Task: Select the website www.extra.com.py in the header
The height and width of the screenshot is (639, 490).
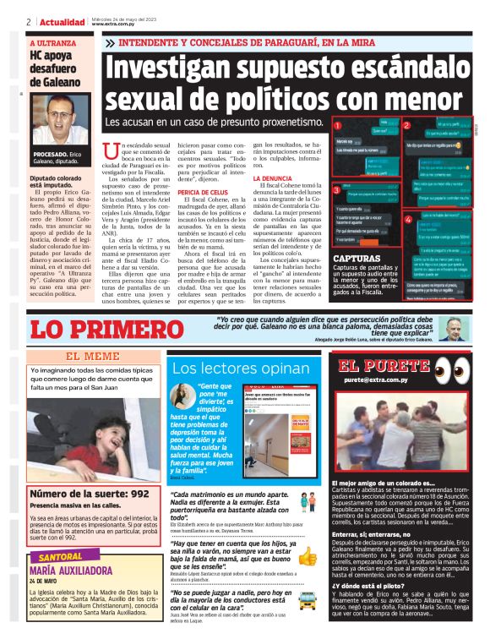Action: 117,24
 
